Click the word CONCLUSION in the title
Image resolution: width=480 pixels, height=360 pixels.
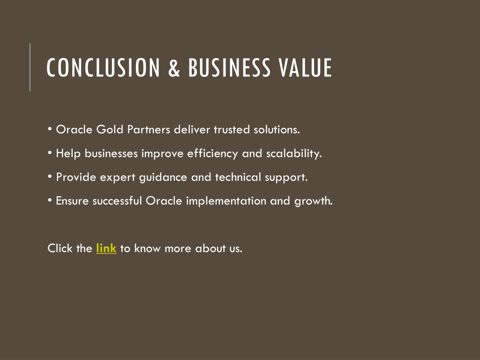pos(103,67)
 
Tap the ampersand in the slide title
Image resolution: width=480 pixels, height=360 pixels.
pos(174,67)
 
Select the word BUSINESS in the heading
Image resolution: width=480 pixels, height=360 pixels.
pos(229,67)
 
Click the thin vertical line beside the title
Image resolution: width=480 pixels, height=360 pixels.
pos(30,67)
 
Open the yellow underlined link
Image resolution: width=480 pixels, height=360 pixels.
pos(106,248)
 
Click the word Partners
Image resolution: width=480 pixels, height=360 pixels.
pos(149,129)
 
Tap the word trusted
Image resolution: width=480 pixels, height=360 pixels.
pos(232,129)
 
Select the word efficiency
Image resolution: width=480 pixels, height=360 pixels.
pos(212,153)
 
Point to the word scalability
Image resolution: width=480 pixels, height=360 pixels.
pos(294,153)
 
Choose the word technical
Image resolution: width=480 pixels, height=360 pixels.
pos(238,177)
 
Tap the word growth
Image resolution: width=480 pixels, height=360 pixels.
pos(314,201)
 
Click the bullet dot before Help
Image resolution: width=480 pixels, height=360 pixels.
pos(50,153)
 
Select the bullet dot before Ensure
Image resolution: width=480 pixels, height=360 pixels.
pos(50,200)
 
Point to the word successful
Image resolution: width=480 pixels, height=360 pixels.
pos(117,201)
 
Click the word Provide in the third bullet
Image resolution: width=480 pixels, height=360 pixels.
pos(76,177)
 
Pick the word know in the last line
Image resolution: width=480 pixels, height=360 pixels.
pos(147,248)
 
